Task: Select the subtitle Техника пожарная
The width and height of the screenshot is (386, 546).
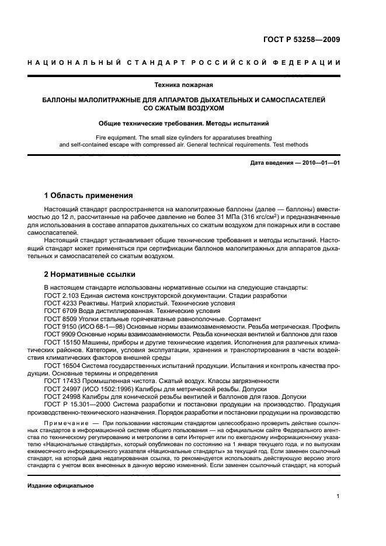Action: pyautogui.click(x=193, y=84)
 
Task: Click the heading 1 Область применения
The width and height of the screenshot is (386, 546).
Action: pyautogui.click(x=89, y=195)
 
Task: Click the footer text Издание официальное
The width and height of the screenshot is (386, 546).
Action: pyautogui.click(x=61, y=485)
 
